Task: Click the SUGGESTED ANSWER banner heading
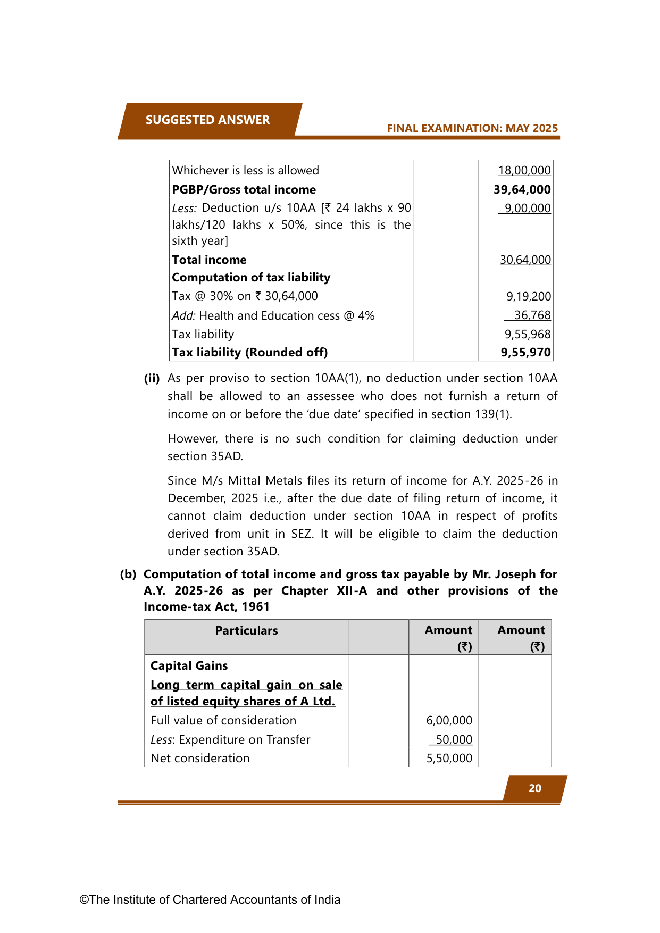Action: [x=207, y=120]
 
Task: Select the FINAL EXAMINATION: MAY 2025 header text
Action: [x=472, y=128]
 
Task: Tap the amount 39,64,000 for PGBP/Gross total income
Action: [x=522, y=190]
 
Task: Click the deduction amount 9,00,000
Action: [x=527, y=208]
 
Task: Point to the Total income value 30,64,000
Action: [x=525, y=260]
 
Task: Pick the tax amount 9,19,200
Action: [x=528, y=296]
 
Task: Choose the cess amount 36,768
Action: [x=532, y=315]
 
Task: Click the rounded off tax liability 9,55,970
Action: [x=525, y=352]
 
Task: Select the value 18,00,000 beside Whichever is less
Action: [x=524, y=170]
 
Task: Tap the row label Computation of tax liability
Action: [x=251, y=278]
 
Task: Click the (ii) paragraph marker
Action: [x=152, y=378]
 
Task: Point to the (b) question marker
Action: [x=128, y=574]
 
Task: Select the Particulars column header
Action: [x=246, y=630]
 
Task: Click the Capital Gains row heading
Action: [x=189, y=666]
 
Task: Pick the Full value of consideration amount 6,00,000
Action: [x=449, y=721]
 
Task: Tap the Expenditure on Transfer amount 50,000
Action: [x=454, y=739]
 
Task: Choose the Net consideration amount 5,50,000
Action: [x=449, y=759]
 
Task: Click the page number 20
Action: [x=534, y=788]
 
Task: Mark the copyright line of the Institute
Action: [x=210, y=899]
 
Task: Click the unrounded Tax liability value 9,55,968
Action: [x=527, y=334]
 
